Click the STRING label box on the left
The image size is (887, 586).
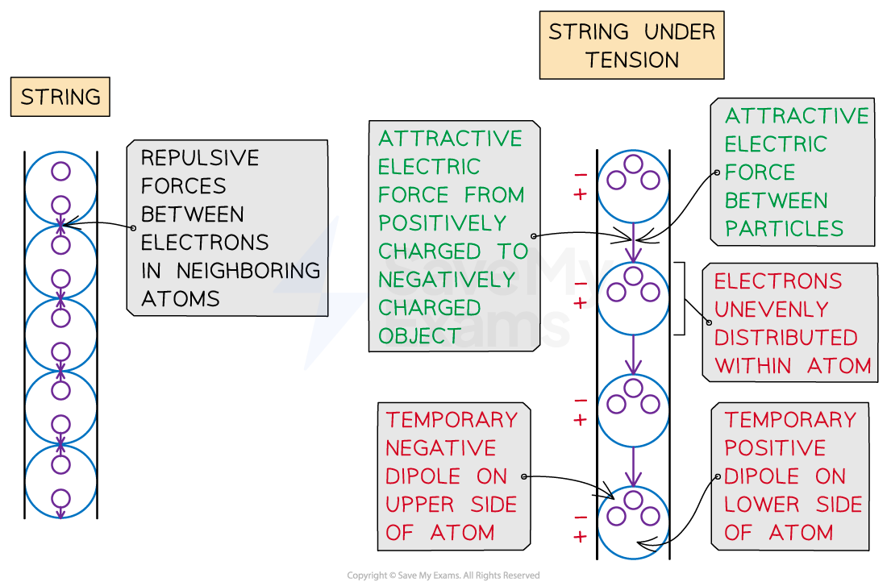(x=60, y=98)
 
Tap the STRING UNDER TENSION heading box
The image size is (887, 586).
(x=631, y=45)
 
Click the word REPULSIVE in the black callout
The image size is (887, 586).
(x=200, y=158)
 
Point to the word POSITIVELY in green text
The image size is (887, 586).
(x=443, y=223)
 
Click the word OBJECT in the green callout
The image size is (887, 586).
(x=419, y=336)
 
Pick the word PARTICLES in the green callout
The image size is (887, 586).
(x=784, y=229)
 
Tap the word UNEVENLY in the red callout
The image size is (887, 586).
(x=760, y=310)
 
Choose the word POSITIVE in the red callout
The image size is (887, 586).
(x=775, y=448)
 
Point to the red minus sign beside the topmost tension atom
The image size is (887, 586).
(x=580, y=175)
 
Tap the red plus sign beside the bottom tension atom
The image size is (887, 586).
(x=580, y=537)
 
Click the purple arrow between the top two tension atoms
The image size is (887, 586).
(x=634, y=242)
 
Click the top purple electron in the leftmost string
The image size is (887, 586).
(x=60, y=171)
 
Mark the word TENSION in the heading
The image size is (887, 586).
(x=632, y=60)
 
